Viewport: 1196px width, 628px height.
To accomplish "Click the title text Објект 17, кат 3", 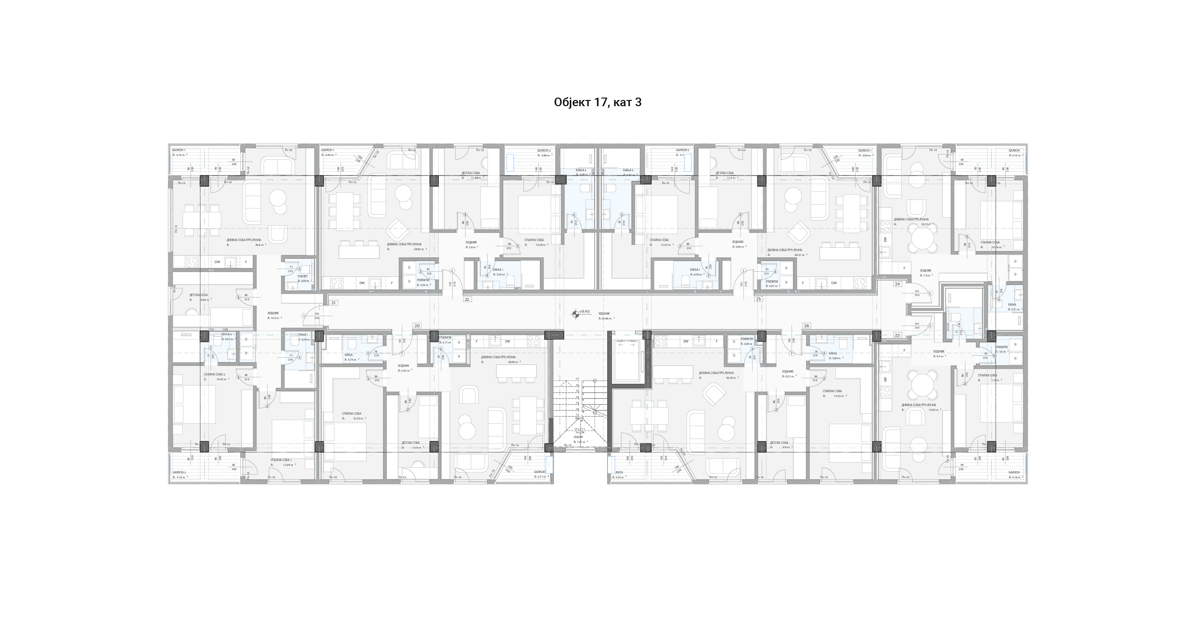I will point(598,102).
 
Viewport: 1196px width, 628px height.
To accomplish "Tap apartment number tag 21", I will point(333,303).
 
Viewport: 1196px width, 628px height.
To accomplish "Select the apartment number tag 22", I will point(467,299).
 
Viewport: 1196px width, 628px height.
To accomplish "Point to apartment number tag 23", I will point(758,299).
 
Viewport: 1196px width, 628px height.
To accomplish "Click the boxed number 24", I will point(897,284).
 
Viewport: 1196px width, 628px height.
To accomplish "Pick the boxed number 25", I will point(897,335).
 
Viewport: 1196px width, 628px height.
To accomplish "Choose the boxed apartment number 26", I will point(807,326).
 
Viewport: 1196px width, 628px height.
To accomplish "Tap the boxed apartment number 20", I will point(417,326).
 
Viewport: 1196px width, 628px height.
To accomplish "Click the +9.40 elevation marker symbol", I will point(576,314).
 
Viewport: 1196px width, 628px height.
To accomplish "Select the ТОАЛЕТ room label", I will point(302,276).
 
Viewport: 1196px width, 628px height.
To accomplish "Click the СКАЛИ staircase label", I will point(578,437).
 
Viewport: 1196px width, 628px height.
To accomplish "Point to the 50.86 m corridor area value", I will point(607,318).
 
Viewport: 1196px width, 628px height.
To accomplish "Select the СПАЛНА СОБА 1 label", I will point(281,460).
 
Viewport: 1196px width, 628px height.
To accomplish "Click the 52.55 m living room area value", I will point(731,378).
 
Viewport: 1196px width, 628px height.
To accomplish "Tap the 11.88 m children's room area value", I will point(476,178).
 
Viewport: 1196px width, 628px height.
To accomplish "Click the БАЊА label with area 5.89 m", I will point(832,353).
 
